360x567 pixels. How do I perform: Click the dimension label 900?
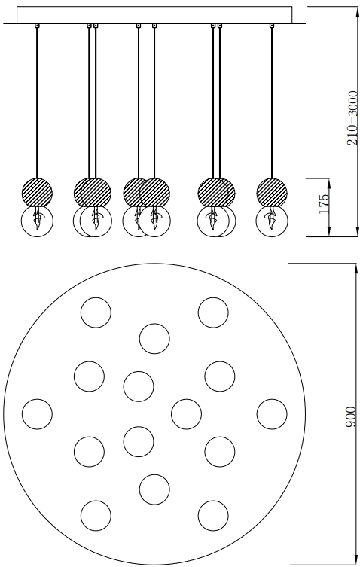tap(350, 417)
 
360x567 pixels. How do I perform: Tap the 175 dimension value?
tap(324, 203)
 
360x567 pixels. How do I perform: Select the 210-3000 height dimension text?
tap(352, 118)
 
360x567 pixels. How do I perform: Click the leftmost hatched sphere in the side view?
tap(37, 192)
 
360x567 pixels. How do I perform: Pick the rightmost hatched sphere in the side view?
tap(272, 192)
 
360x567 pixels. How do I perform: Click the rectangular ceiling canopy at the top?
tap(154, 14)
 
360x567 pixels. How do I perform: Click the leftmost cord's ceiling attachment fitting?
tap(37, 26)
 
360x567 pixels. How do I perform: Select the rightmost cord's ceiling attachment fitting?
tap(272, 26)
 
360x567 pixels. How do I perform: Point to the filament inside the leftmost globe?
tap(38, 218)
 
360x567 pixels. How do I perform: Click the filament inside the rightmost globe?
tap(272, 218)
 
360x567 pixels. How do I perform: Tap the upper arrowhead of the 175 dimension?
tap(329, 182)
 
